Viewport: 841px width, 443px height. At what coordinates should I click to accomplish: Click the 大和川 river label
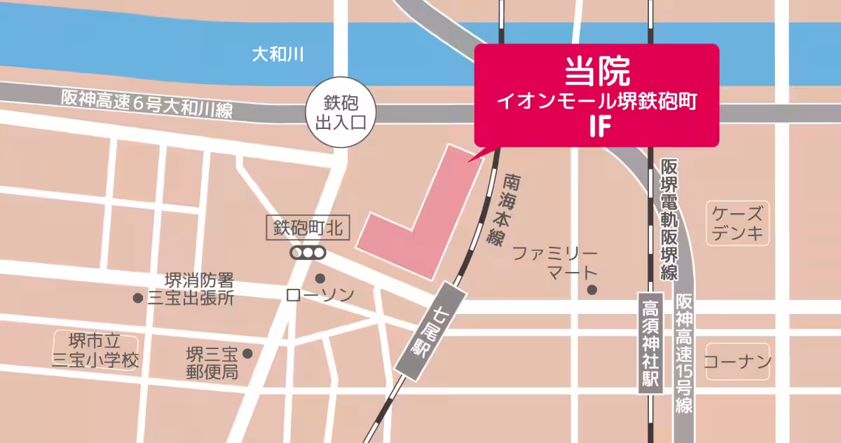[278, 55]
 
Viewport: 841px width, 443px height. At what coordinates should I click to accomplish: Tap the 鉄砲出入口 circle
[341, 112]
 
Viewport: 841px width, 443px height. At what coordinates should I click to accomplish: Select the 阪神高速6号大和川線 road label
[146, 104]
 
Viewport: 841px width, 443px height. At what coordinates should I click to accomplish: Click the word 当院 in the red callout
[597, 70]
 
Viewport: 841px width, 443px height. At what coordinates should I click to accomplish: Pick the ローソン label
[320, 296]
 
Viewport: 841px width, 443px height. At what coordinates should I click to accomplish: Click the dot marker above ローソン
[320, 278]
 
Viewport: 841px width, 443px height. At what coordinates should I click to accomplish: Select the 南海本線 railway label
[504, 209]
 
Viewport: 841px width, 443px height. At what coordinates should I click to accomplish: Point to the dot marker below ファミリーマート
[592, 289]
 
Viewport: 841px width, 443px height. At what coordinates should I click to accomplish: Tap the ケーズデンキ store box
[737, 223]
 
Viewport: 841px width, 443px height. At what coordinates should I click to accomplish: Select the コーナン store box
[737, 362]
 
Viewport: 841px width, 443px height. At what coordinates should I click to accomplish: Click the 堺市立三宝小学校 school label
[95, 350]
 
